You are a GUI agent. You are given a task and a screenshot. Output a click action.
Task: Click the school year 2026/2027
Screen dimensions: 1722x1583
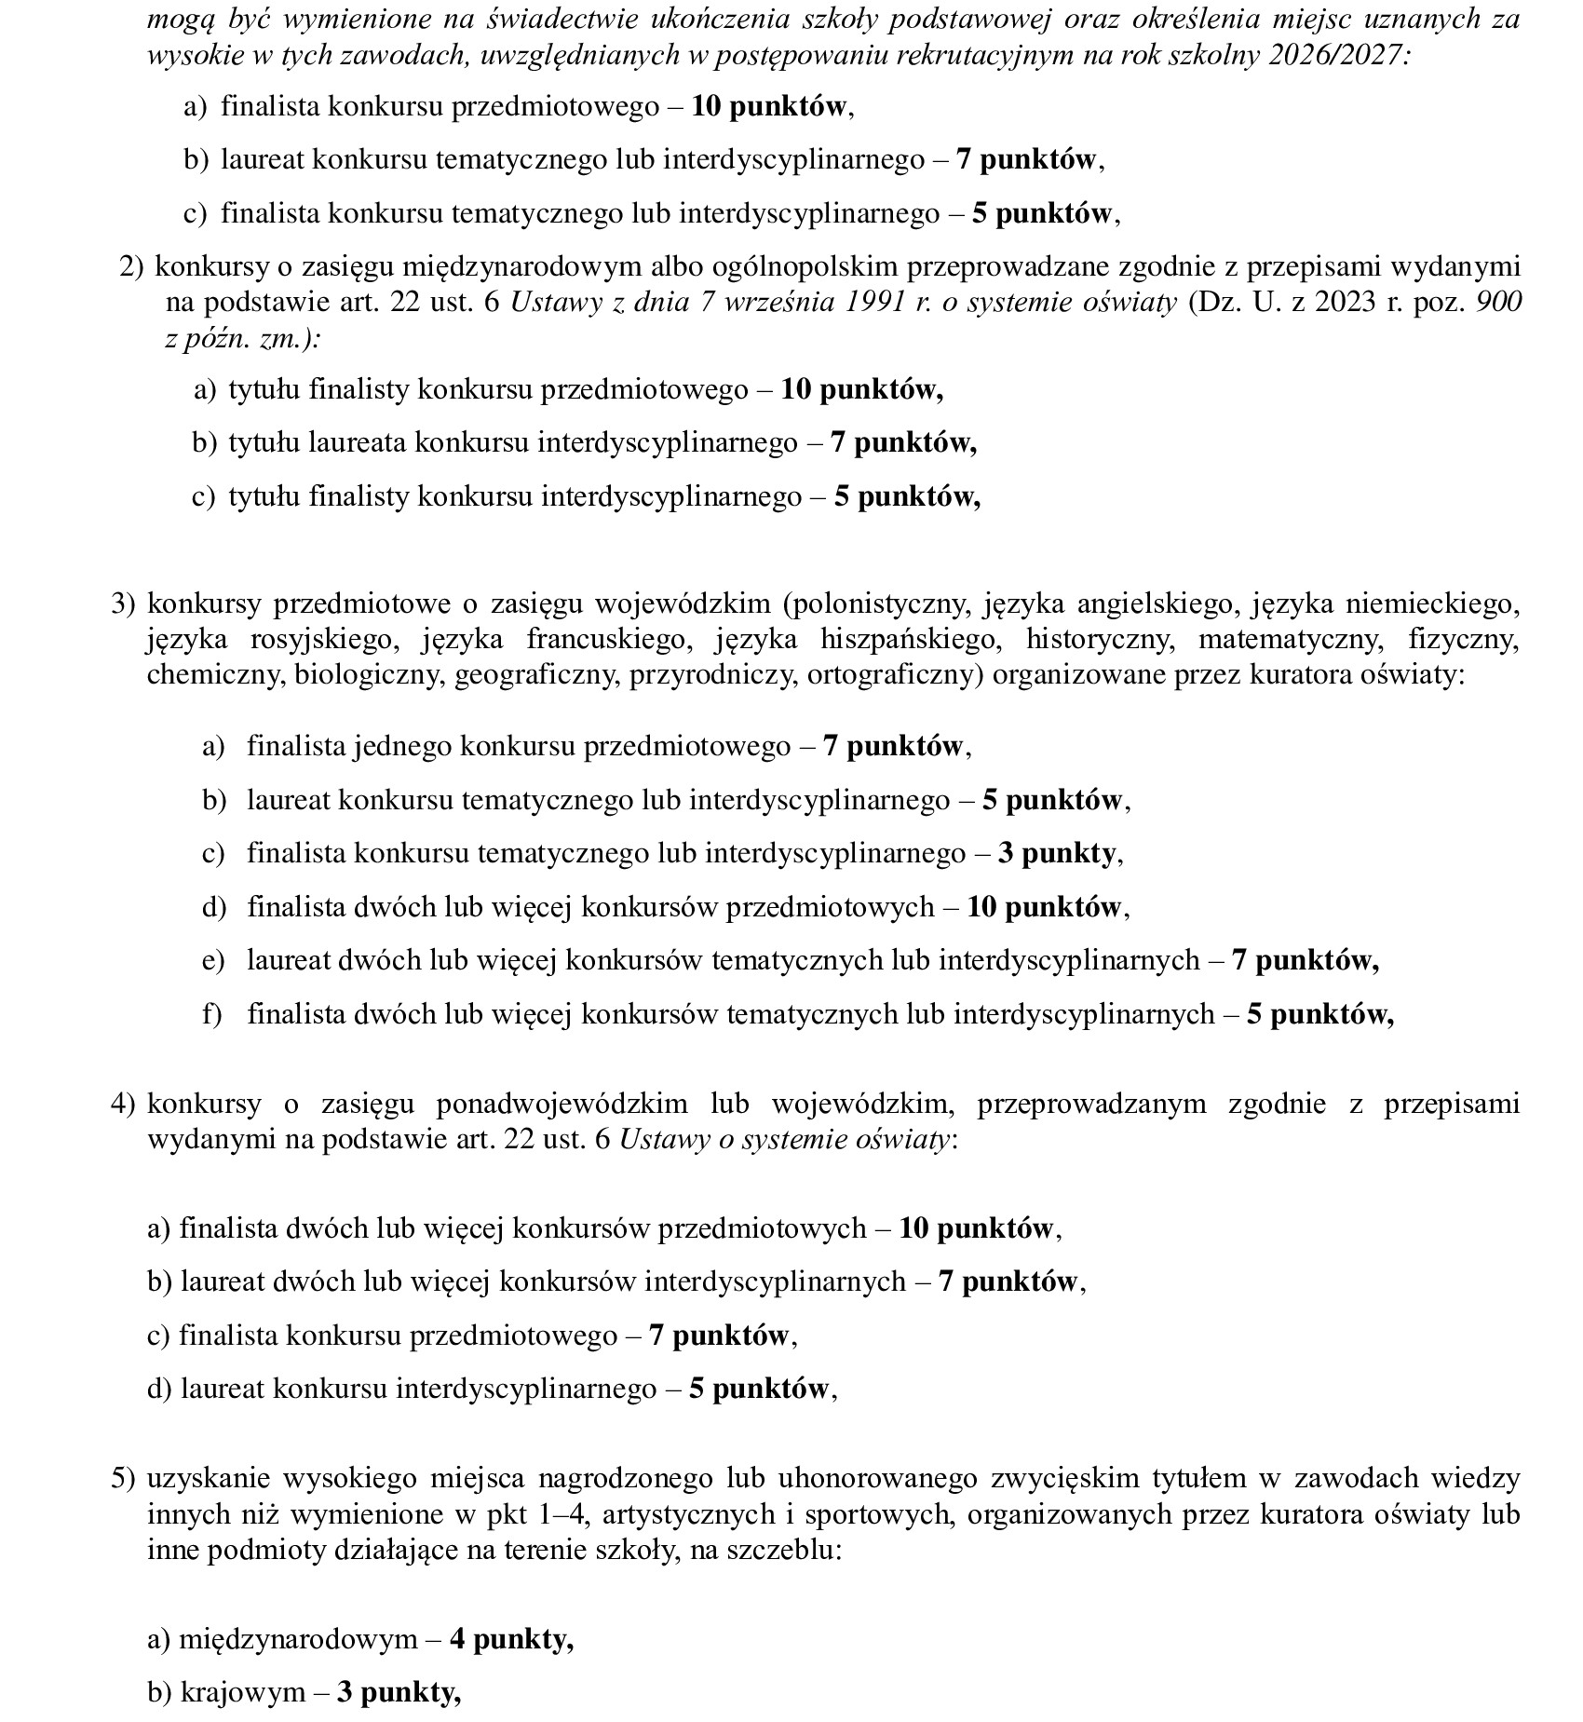tap(1339, 54)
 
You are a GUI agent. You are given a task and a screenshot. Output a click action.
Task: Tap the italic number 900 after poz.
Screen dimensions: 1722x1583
tap(1499, 303)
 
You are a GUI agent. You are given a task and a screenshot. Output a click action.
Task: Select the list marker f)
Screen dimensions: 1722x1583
tap(212, 1014)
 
